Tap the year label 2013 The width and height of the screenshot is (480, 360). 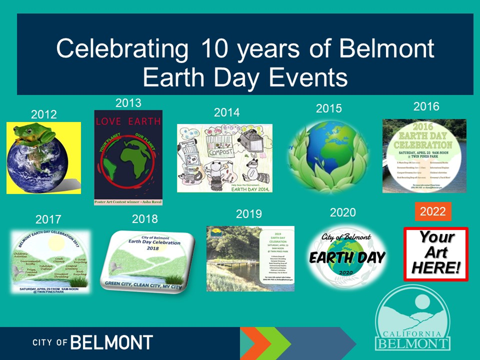128,103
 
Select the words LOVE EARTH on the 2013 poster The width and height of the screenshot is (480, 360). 128,121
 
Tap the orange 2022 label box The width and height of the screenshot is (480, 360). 432,211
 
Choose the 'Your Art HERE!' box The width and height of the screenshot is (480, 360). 436,253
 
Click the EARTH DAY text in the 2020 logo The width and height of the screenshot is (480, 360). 347,257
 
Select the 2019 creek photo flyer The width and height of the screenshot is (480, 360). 250,258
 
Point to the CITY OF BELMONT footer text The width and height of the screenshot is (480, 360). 93,342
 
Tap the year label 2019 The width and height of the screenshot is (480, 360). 249,214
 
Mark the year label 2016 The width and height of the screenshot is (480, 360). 426,106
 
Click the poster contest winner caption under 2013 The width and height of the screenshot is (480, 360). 128,202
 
